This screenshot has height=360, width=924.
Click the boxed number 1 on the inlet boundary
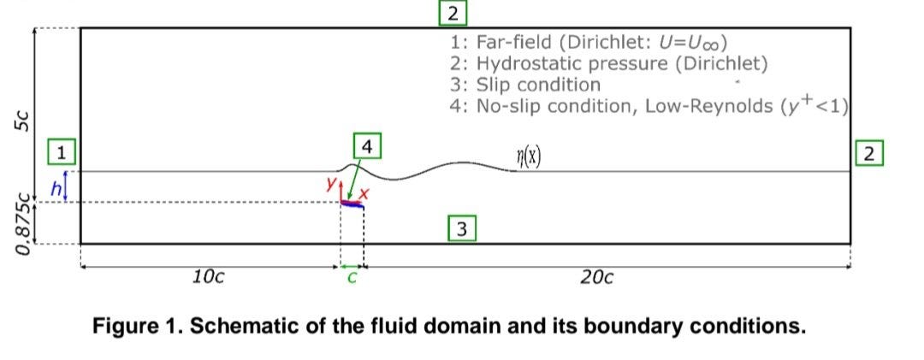pos(61,154)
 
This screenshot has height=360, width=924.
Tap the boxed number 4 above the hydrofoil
pos(366,147)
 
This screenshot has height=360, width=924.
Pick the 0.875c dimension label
pos(26,224)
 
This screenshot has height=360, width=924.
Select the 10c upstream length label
pos(209,276)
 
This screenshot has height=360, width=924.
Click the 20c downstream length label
pos(595,276)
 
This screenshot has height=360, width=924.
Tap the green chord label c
pos(352,276)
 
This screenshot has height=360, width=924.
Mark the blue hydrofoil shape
pos(352,204)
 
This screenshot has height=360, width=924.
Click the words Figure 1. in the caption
pos(138,326)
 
